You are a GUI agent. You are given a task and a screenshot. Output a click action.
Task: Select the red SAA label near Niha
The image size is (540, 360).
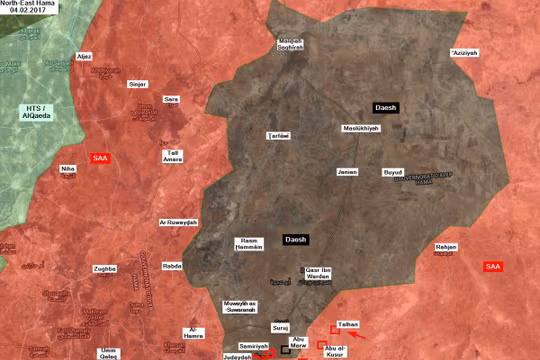(100, 158)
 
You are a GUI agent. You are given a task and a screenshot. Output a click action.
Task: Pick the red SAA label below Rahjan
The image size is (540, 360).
(492, 266)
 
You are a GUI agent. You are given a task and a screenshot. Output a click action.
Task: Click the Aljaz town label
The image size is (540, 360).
(84, 56)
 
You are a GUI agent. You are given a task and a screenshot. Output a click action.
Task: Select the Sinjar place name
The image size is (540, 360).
(138, 84)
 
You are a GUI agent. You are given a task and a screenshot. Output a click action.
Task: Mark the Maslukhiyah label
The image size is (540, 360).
(359, 130)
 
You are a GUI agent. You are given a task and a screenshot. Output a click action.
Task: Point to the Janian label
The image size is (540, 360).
(347, 171)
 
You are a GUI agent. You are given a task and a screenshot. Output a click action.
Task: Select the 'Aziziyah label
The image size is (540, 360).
(465, 52)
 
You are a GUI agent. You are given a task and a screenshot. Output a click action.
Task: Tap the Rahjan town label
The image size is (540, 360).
(446, 246)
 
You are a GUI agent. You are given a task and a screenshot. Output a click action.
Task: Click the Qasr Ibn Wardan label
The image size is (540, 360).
(320, 273)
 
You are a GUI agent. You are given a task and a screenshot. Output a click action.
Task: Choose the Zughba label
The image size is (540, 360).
(105, 269)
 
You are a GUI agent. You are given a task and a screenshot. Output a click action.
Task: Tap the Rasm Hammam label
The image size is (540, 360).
(248, 243)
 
